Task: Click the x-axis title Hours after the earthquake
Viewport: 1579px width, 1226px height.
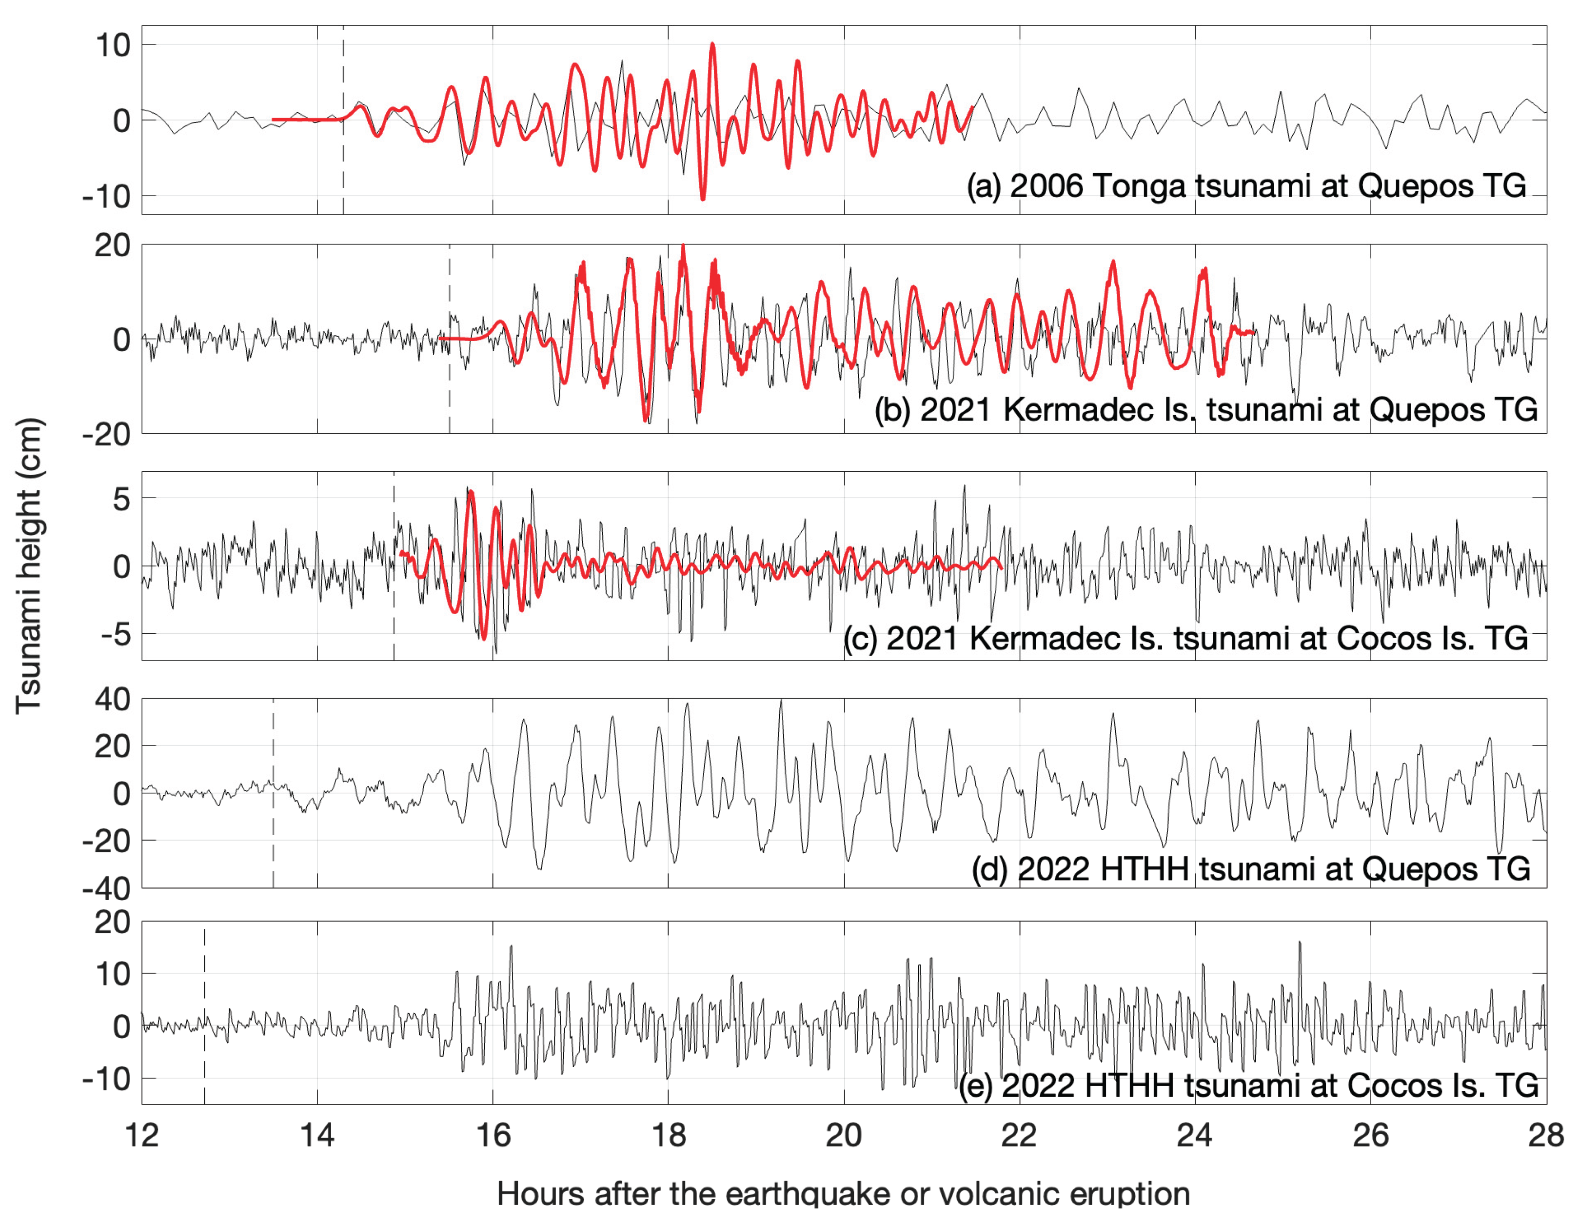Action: coord(843,1193)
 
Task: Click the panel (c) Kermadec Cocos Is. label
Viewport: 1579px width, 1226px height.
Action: coord(1185,638)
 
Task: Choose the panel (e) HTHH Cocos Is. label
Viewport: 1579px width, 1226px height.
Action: coord(1248,1085)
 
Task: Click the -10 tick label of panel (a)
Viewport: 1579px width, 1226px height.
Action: coord(106,196)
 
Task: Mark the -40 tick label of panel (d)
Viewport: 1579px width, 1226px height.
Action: coord(106,888)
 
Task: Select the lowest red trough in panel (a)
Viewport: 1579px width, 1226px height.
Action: coord(702,198)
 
